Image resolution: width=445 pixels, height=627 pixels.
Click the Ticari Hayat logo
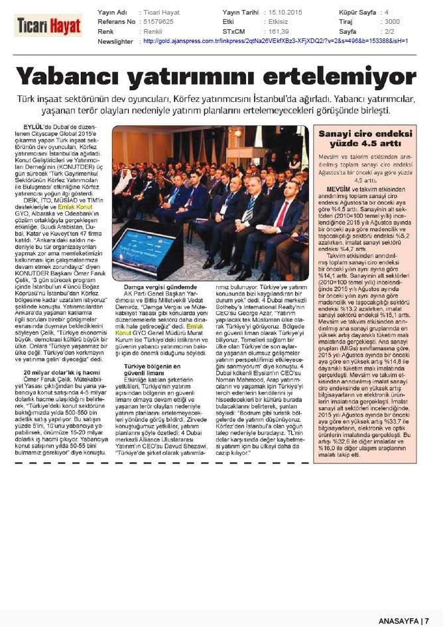coord(48,25)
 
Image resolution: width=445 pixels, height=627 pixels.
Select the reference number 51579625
coord(158,22)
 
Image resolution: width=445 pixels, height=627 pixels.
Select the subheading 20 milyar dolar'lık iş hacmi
coord(60,374)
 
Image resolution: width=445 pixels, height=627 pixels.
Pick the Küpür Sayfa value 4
coord(387,13)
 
